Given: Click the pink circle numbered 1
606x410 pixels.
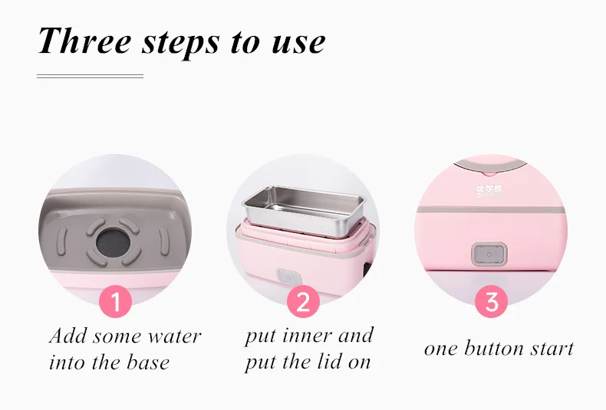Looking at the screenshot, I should [x=116, y=302].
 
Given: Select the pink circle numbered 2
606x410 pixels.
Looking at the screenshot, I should [x=303, y=302].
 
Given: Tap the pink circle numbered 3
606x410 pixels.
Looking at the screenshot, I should [x=491, y=302].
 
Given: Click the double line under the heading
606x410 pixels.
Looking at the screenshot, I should [x=91, y=76].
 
